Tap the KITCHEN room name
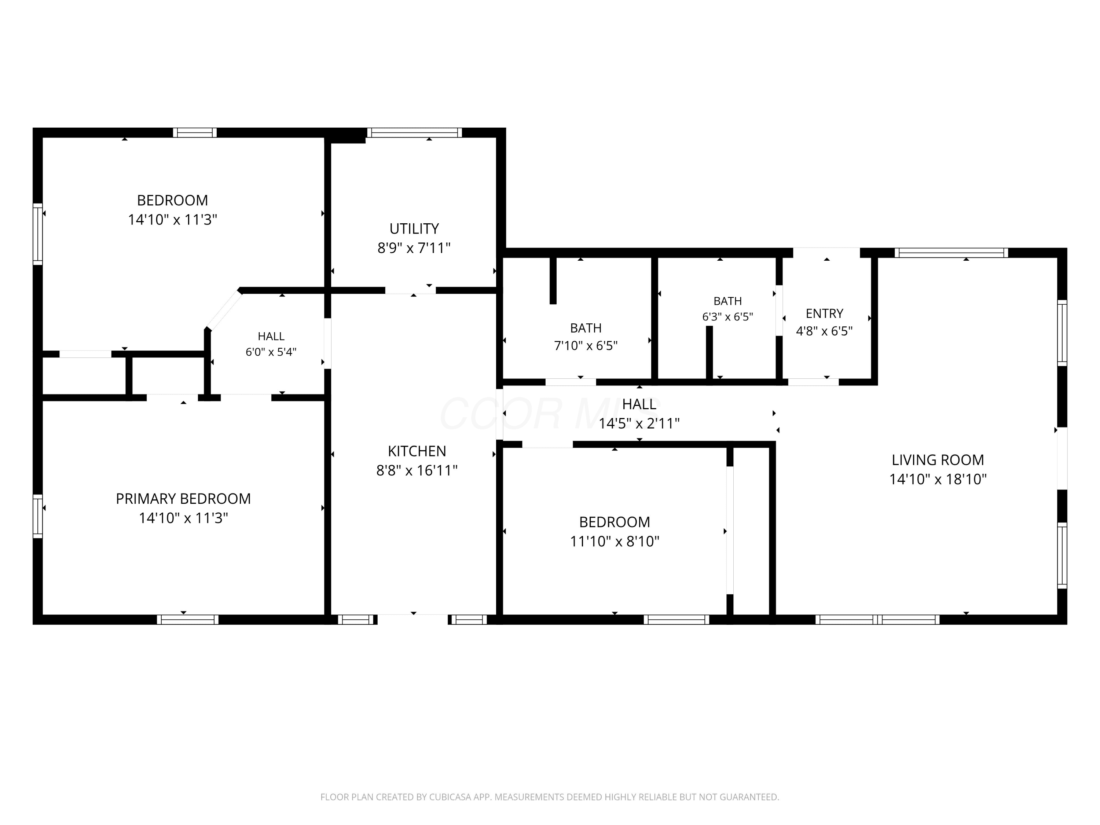(417, 451)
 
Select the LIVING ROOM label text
(938, 460)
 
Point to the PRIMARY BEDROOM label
(183, 499)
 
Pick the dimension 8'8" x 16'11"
(417, 470)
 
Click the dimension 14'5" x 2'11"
(639, 424)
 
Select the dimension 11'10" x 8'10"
(615, 541)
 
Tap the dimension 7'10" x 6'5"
(586, 346)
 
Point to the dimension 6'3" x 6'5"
(727, 317)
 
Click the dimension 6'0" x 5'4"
(271, 352)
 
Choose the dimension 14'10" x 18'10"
(938, 479)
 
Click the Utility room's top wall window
(414, 133)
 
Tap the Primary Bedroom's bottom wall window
(187, 620)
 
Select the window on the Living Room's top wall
(951, 253)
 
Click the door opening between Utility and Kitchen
(410, 291)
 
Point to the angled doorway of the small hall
(224, 309)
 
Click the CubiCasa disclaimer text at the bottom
(550, 797)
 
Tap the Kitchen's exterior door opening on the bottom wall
(413, 620)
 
